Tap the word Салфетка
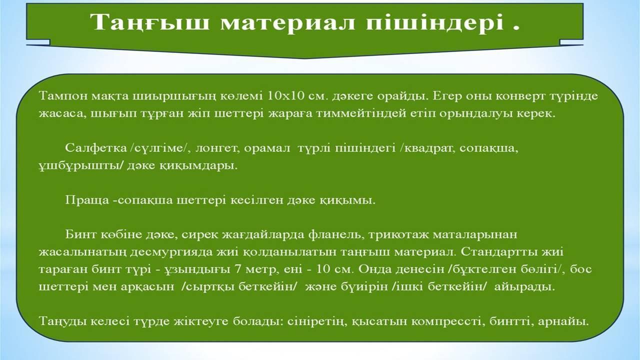[x=96, y=148]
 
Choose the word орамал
[x=267, y=148]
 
